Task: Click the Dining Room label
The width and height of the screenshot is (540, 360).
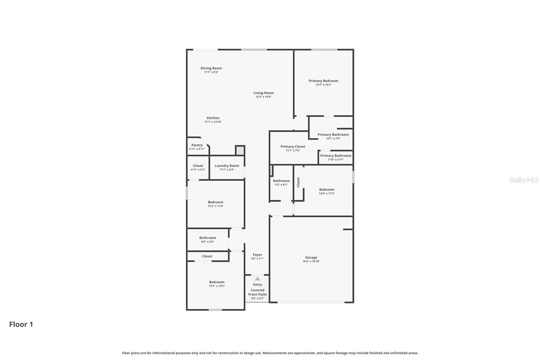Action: [211, 68]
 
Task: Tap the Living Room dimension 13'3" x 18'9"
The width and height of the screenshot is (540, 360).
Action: [263, 97]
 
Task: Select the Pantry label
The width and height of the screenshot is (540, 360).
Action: [197, 145]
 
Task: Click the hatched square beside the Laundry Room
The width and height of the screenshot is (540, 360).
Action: [240, 150]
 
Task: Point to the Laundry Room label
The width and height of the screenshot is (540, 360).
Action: [227, 166]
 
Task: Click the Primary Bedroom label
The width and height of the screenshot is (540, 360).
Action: [323, 81]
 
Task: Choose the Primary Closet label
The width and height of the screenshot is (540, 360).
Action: [293, 147]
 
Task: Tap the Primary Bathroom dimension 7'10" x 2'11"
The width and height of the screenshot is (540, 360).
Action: [335, 160]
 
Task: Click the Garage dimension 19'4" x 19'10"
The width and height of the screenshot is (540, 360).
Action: [311, 261]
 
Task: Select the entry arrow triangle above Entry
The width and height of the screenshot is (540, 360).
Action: [258, 279]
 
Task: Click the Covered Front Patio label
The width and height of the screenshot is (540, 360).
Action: [258, 292]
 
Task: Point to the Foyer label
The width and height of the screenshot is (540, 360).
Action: [257, 255]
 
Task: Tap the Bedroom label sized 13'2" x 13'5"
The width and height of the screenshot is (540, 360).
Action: [217, 282]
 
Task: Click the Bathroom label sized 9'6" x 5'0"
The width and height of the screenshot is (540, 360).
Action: [208, 238]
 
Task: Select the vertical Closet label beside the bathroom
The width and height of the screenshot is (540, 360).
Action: [298, 182]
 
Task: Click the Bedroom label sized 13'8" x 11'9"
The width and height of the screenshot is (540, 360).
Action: [327, 189]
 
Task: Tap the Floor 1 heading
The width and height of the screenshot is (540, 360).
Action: [21, 325]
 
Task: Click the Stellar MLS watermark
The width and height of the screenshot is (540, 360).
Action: [524, 180]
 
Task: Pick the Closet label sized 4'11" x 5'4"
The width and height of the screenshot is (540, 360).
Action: [198, 166]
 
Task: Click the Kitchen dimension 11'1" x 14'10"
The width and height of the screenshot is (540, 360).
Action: [213, 122]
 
